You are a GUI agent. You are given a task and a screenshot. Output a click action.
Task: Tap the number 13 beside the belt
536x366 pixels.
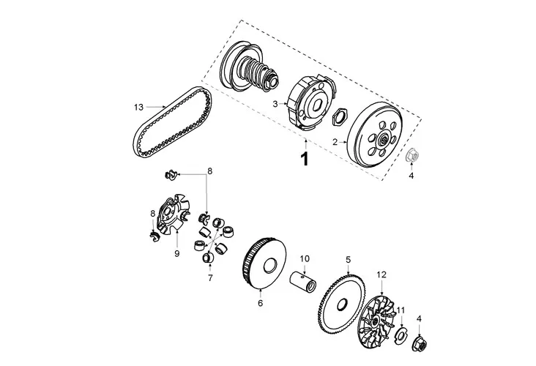pyautogui.click(x=138, y=107)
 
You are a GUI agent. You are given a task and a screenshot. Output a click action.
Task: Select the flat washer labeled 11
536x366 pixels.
pyautogui.click(x=401, y=335)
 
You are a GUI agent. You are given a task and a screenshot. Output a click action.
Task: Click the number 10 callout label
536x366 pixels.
pyautogui.click(x=305, y=258)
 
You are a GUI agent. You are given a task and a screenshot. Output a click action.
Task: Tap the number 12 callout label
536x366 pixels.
pyautogui.click(x=381, y=274)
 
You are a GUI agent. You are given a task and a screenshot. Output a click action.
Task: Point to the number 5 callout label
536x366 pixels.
pyautogui.click(x=349, y=259)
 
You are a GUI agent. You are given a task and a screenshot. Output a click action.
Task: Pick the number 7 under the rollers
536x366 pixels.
pyautogui.click(x=209, y=277)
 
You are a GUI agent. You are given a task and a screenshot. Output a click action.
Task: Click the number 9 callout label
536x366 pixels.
pyautogui.click(x=176, y=253)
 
